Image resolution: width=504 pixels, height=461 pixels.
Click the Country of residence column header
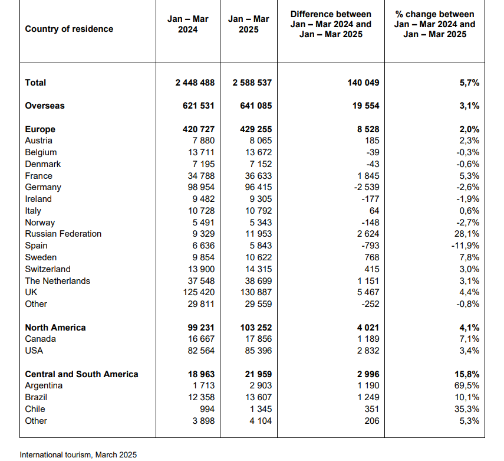pyautogui.click(x=69, y=29)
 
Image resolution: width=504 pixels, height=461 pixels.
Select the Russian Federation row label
pyautogui.click(x=63, y=234)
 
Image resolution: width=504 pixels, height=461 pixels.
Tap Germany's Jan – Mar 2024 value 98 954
pyautogui.click(x=201, y=187)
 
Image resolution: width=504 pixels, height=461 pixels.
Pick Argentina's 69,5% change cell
pyautogui.click(x=467, y=385)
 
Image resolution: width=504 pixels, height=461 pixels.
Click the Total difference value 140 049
pyautogui.click(x=363, y=83)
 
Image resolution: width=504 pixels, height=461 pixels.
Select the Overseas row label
pyautogui.click(x=45, y=106)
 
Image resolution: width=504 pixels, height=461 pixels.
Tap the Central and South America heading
pyautogui.click(x=82, y=374)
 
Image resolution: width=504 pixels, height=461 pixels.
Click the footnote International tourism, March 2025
pyautogui.click(x=78, y=455)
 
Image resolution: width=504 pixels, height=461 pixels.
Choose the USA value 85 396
pyautogui.click(x=258, y=351)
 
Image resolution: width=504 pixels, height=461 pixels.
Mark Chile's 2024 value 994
pyautogui.click(x=207, y=409)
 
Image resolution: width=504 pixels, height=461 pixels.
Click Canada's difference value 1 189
pyautogui.click(x=368, y=339)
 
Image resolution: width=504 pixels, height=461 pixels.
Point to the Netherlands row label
pyautogui.click(x=58, y=281)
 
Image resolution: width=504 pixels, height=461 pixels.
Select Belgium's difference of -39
pyautogui.click(x=373, y=152)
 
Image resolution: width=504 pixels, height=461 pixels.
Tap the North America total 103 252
pyautogui.click(x=256, y=328)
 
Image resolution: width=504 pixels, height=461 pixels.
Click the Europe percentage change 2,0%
pyautogui.click(x=469, y=129)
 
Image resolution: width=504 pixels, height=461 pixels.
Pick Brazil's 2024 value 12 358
pyautogui.click(x=201, y=397)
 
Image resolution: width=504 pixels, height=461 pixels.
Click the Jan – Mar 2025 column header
pyautogui.click(x=249, y=24)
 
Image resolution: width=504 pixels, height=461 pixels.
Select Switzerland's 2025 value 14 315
pyautogui.click(x=258, y=269)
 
